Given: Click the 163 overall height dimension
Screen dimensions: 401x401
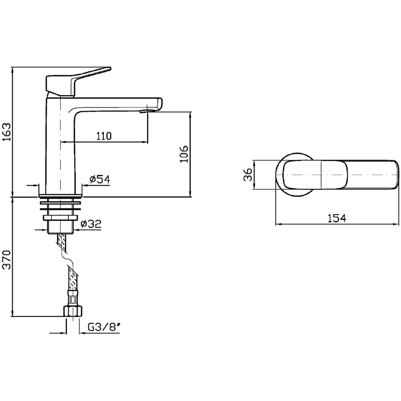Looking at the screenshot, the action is (x=7, y=132).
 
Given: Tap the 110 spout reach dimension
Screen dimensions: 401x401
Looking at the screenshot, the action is (x=104, y=136).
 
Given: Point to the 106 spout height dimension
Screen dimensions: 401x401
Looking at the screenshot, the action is (x=183, y=154).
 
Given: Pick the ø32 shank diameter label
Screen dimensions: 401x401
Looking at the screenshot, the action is (x=91, y=224).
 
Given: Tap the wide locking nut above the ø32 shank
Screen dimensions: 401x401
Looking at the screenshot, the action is (x=60, y=218).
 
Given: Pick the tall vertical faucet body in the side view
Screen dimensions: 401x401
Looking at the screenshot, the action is (x=60, y=146).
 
